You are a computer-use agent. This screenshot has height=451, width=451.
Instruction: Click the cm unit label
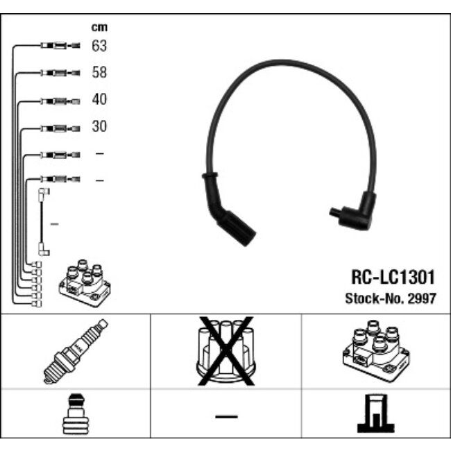(99, 28)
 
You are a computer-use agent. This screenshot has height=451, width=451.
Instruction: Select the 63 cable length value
(99, 46)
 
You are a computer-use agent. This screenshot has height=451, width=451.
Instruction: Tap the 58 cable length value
(99, 72)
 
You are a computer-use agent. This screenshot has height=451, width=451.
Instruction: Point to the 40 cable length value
(99, 99)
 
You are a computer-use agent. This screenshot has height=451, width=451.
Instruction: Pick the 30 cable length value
(99, 126)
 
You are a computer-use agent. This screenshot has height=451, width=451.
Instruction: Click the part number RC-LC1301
(393, 278)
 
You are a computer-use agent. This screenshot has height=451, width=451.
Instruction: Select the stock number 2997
(423, 298)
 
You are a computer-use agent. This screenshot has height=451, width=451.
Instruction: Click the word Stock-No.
(375, 298)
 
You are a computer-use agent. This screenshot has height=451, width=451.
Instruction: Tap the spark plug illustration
(76, 351)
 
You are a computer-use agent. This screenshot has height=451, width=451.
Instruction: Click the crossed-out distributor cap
(226, 350)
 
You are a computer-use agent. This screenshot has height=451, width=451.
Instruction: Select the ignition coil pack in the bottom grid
(376, 350)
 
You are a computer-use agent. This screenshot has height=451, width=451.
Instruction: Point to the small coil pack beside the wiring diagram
(85, 283)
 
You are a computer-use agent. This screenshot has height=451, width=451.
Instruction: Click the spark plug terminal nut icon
(76, 414)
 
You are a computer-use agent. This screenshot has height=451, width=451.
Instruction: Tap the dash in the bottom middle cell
(226, 416)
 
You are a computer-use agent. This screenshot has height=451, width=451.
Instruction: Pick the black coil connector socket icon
(376, 414)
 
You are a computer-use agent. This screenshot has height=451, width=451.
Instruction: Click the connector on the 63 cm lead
(60, 45)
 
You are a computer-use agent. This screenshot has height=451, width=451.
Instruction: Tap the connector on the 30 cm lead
(60, 128)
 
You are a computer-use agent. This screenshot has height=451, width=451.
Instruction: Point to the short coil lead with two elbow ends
(44, 222)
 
